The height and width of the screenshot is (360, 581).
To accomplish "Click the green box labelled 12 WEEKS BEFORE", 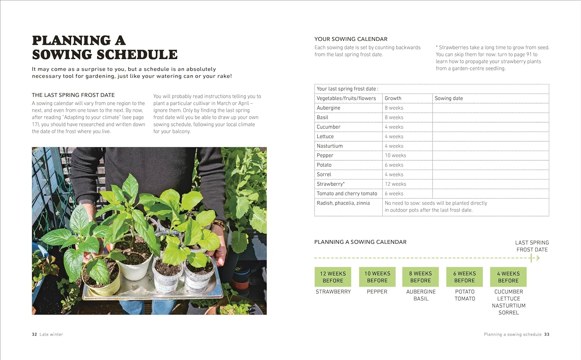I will [x=333, y=277].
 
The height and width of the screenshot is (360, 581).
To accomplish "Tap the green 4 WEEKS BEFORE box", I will [x=508, y=277].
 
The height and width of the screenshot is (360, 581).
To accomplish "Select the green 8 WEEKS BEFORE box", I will [x=420, y=277].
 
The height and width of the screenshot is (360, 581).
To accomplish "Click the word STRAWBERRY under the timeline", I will [x=333, y=292].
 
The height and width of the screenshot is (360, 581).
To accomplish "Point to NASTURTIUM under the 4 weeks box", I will [x=509, y=306].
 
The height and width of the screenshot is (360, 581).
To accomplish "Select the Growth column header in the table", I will [x=393, y=98].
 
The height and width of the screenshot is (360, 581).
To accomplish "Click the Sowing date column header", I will [x=449, y=98].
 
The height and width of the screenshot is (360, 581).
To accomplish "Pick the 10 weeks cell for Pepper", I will [x=395, y=156].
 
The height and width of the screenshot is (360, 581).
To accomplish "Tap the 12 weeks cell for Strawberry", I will [x=395, y=184].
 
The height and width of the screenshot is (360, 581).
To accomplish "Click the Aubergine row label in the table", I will [x=328, y=108].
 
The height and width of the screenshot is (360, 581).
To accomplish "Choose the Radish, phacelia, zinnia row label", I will [x=343, y=203].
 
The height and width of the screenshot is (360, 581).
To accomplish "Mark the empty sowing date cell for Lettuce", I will [x=490, y=137].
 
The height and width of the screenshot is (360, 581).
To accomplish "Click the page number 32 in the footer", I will [x=34, y=334].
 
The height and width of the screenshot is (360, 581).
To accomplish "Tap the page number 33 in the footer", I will [x=547, y=334].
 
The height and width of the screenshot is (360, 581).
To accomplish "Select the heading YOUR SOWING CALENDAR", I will [x=351, y=39].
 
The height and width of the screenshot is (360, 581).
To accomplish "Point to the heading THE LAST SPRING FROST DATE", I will [x=73, y=95].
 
